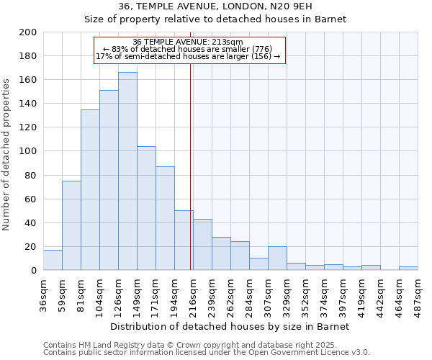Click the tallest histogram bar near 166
(127, 171)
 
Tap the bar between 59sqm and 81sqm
(71, 225)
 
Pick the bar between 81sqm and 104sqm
(90, 190)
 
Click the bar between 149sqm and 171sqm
(146, 208)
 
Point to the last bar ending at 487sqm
(408, 269)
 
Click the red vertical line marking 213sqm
(190, 180)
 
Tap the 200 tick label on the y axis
(28, 32)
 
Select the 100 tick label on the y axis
(28, 151)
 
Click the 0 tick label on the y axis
(34, 271)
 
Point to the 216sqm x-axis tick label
(193, 294)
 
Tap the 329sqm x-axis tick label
(287, 294)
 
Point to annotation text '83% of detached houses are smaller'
(191, 49)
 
